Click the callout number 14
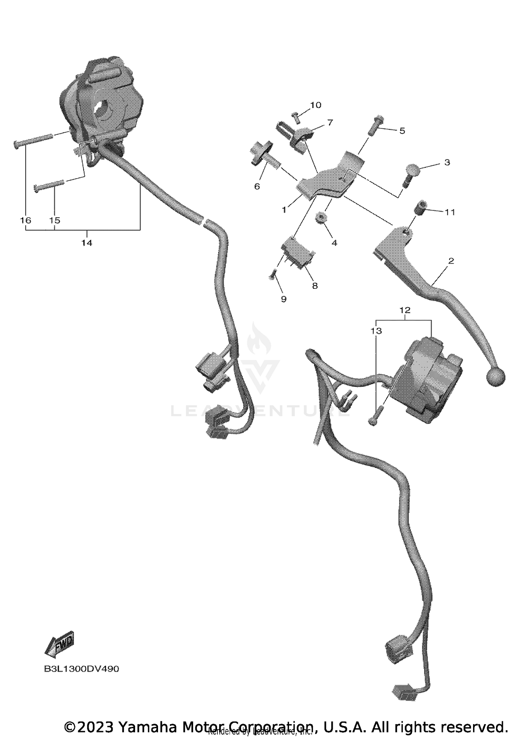87,243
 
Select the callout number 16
26,220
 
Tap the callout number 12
405,310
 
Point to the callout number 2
451,261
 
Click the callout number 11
450,212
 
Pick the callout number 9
284,299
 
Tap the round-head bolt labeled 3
408,173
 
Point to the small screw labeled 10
296,117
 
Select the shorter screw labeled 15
49,185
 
